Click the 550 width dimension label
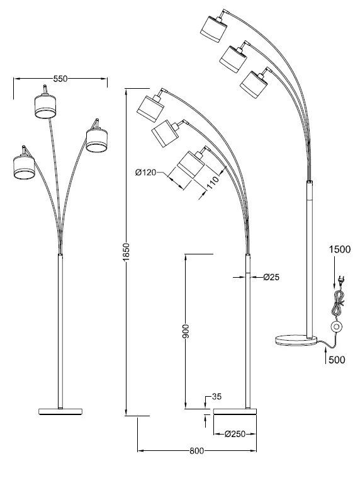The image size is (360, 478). pyautogui.click(x=60, y=79)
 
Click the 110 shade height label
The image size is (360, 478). pyautogui.click(x=212, y=183)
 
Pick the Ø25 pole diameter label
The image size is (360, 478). pyautogui.click(x=271, y=276)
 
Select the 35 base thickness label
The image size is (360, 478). pyautogui.click(x=217, y=397)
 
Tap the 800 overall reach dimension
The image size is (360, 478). pyautogui.click(x=196, y=451)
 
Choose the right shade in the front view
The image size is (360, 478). pyautogui.click(x=96, y=139)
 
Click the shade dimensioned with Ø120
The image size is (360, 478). pyautogui.click(x=191, y=166)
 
